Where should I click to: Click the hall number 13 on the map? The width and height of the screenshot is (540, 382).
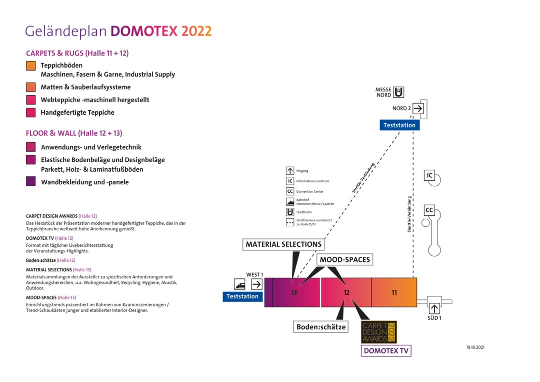[294, 293]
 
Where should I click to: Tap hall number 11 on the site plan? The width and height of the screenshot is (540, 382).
[394, 292]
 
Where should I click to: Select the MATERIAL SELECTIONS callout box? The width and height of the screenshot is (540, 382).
[283, 244]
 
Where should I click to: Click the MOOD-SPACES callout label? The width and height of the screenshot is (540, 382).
[345, 260]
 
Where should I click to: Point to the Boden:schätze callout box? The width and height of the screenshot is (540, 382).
[321, 327]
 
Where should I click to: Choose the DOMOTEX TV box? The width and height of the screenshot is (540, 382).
[386, 351]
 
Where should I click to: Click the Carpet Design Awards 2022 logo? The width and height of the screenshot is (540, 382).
[378, 332]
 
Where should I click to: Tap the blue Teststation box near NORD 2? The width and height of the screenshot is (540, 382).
[399, 125]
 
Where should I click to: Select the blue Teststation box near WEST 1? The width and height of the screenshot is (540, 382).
[242, 296]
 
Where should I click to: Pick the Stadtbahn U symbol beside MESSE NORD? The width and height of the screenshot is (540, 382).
[398, 92]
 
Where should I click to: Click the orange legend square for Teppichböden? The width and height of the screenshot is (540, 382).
[31, 66]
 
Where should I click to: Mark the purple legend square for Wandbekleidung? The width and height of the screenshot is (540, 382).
[31, 182]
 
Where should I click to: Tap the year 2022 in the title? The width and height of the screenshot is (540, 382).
[196, 31]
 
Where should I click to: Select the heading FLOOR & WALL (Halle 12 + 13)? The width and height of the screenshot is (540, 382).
[74, 133]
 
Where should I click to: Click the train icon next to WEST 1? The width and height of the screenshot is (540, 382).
[239, 284]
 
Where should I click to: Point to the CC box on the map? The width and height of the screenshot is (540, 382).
[429, 210]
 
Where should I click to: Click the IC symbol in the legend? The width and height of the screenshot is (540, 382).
[290, 181]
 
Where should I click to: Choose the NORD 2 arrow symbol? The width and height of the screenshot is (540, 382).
[418, 108]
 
